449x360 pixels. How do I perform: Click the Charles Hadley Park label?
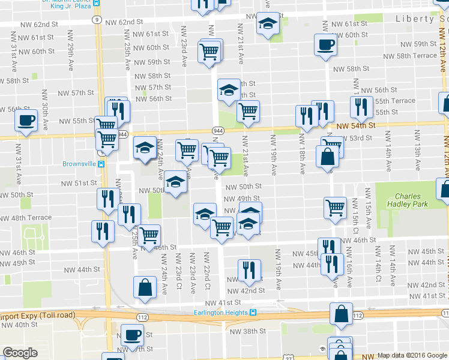tap(408, 200)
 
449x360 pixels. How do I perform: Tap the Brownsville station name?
tap(79, 163)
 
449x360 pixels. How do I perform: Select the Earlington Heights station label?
tap(221, 312)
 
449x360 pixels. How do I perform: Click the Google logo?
tap(20, 353)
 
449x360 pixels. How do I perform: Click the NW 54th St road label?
tap(355, 126)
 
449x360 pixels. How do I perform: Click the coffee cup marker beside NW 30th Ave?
tap(26, 120)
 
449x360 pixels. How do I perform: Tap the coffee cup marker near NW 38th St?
tap(132, 335)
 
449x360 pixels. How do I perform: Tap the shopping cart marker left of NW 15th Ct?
tap(335, 208)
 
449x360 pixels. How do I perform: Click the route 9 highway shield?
tap(97, 20)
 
